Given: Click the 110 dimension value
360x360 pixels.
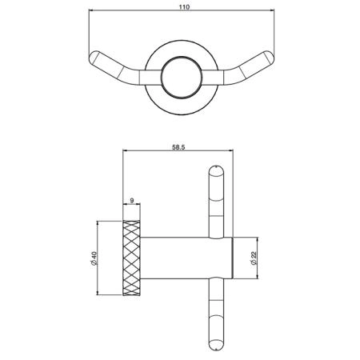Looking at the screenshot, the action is point(184,7).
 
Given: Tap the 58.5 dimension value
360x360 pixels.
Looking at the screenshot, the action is point(178,147).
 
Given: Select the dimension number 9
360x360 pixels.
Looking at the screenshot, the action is point(131,200).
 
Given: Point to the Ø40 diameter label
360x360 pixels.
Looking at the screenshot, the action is point(94,258).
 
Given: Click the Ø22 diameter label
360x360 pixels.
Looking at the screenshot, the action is point(254,258).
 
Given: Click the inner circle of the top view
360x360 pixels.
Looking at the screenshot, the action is point(182,78).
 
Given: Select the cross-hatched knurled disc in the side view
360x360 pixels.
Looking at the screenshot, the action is point(131,258).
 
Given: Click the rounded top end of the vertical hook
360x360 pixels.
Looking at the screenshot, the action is point(216,170).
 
